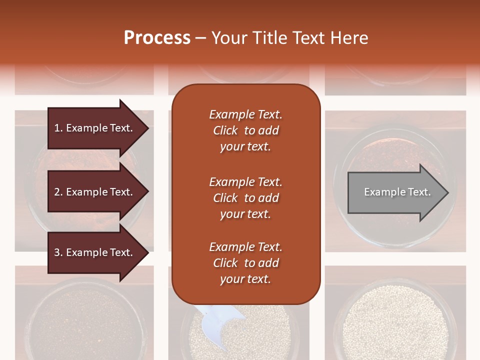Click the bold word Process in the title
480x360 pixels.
tap(157, 37)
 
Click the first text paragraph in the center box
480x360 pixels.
tap(245, 130)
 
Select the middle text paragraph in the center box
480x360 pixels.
tap(245, 198)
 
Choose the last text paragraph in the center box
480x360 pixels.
tap(245, 263)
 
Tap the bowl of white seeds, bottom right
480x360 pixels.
tap(395, 320)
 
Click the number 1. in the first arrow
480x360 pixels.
tap(58, 128)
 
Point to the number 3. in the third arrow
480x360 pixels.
tap(58, 252)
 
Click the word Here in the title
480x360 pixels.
tap(350, 37)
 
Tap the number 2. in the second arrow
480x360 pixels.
tap(58, 192)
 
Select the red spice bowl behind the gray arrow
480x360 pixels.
tap(395, 150)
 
